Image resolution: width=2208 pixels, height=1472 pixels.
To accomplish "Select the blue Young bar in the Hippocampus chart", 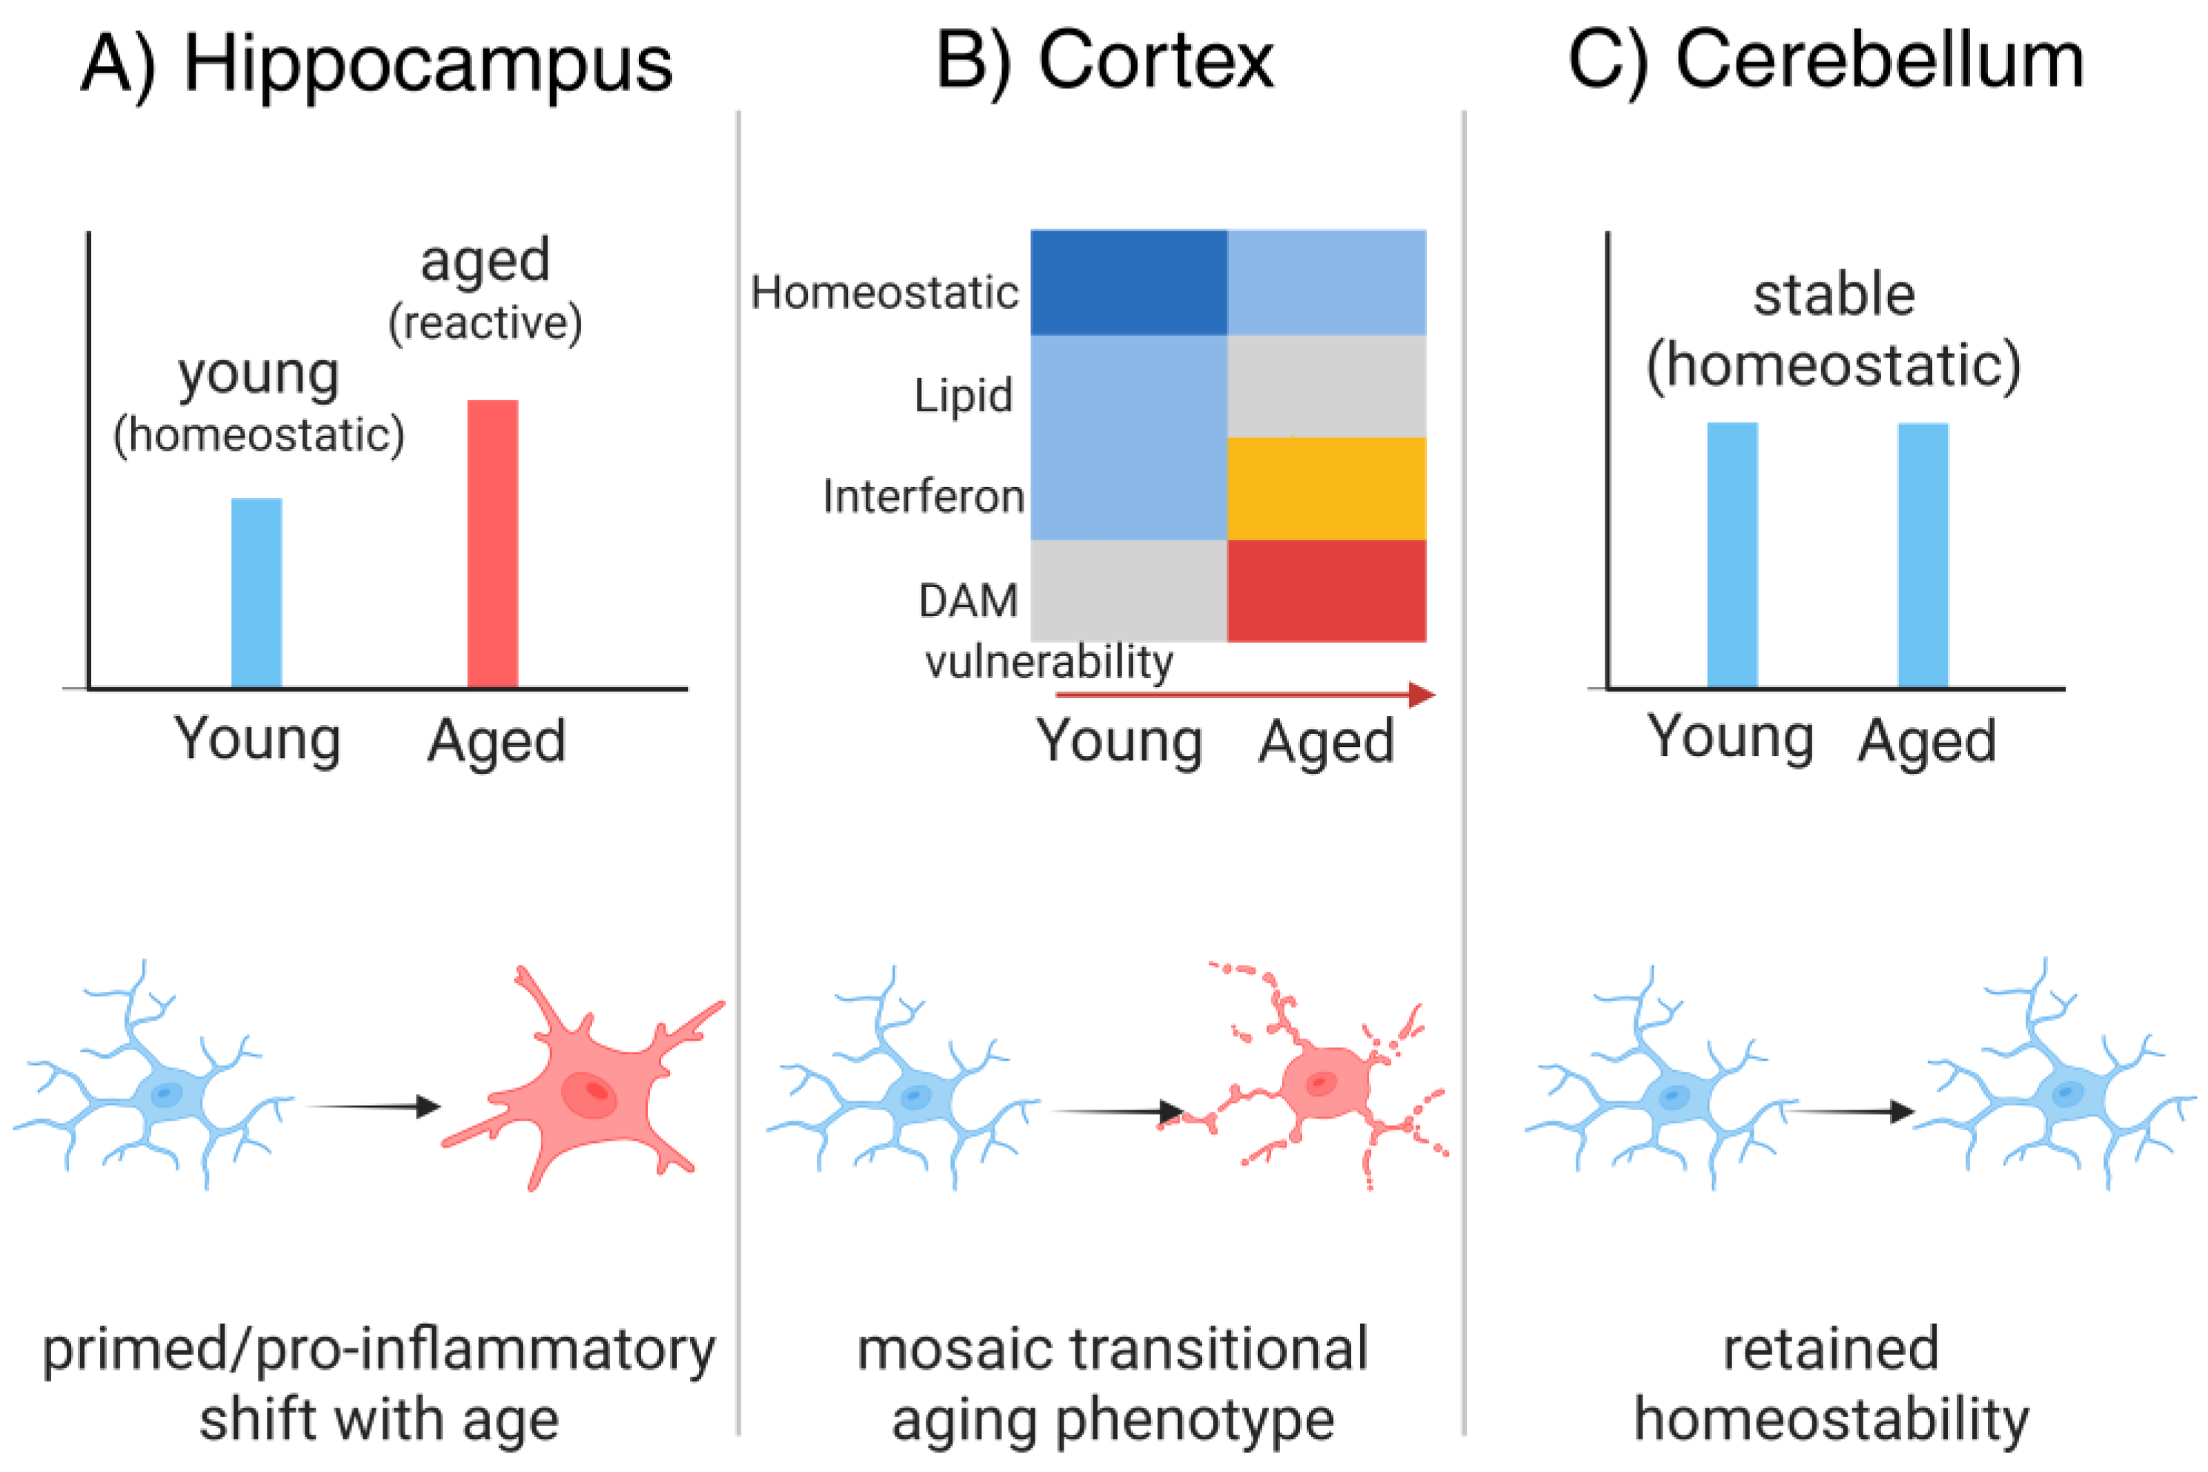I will (256, 592).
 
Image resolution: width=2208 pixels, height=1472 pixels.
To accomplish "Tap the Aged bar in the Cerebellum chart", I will (1923, 555).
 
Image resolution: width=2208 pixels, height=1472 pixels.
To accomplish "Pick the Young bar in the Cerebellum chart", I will (1732, 555).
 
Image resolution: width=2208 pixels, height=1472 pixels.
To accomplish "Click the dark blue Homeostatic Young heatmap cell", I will (1128, 282).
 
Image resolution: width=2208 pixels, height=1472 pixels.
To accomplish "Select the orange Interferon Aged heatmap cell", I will (1327, 488).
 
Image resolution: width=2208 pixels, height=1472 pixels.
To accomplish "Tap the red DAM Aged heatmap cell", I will (1327, 591).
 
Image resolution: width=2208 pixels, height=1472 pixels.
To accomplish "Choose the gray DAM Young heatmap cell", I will (1128, 591).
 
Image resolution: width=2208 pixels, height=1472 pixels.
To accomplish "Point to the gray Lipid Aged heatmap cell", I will (1327, 386).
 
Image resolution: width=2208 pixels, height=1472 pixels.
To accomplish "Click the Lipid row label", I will (964, 395).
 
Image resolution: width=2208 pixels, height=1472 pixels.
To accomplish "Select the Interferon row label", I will (923, 496).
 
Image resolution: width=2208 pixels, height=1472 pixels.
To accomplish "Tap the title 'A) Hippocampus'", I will (377, 64).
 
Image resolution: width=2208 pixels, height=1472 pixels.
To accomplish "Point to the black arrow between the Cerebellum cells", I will (1849, 1112).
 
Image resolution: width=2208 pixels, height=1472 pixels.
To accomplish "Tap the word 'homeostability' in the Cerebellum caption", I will (1831, 1419).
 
